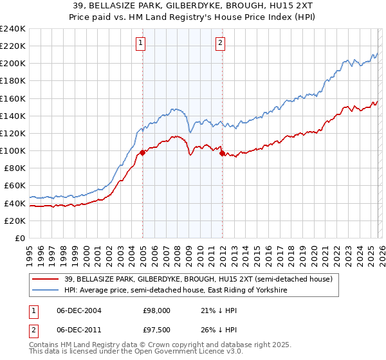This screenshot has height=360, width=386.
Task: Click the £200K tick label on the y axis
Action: pyautogui.click(x=12, y=64)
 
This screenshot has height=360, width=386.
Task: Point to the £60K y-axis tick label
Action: pyautogui.click(x=14, y=185)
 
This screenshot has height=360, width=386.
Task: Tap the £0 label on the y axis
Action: pyautogui.click(x=20, y=238)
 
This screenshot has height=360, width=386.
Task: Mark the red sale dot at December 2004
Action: pyautogui.click(x=142, y=152)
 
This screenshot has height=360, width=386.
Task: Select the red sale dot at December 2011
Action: pyautogui.click(x=222, y=153)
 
